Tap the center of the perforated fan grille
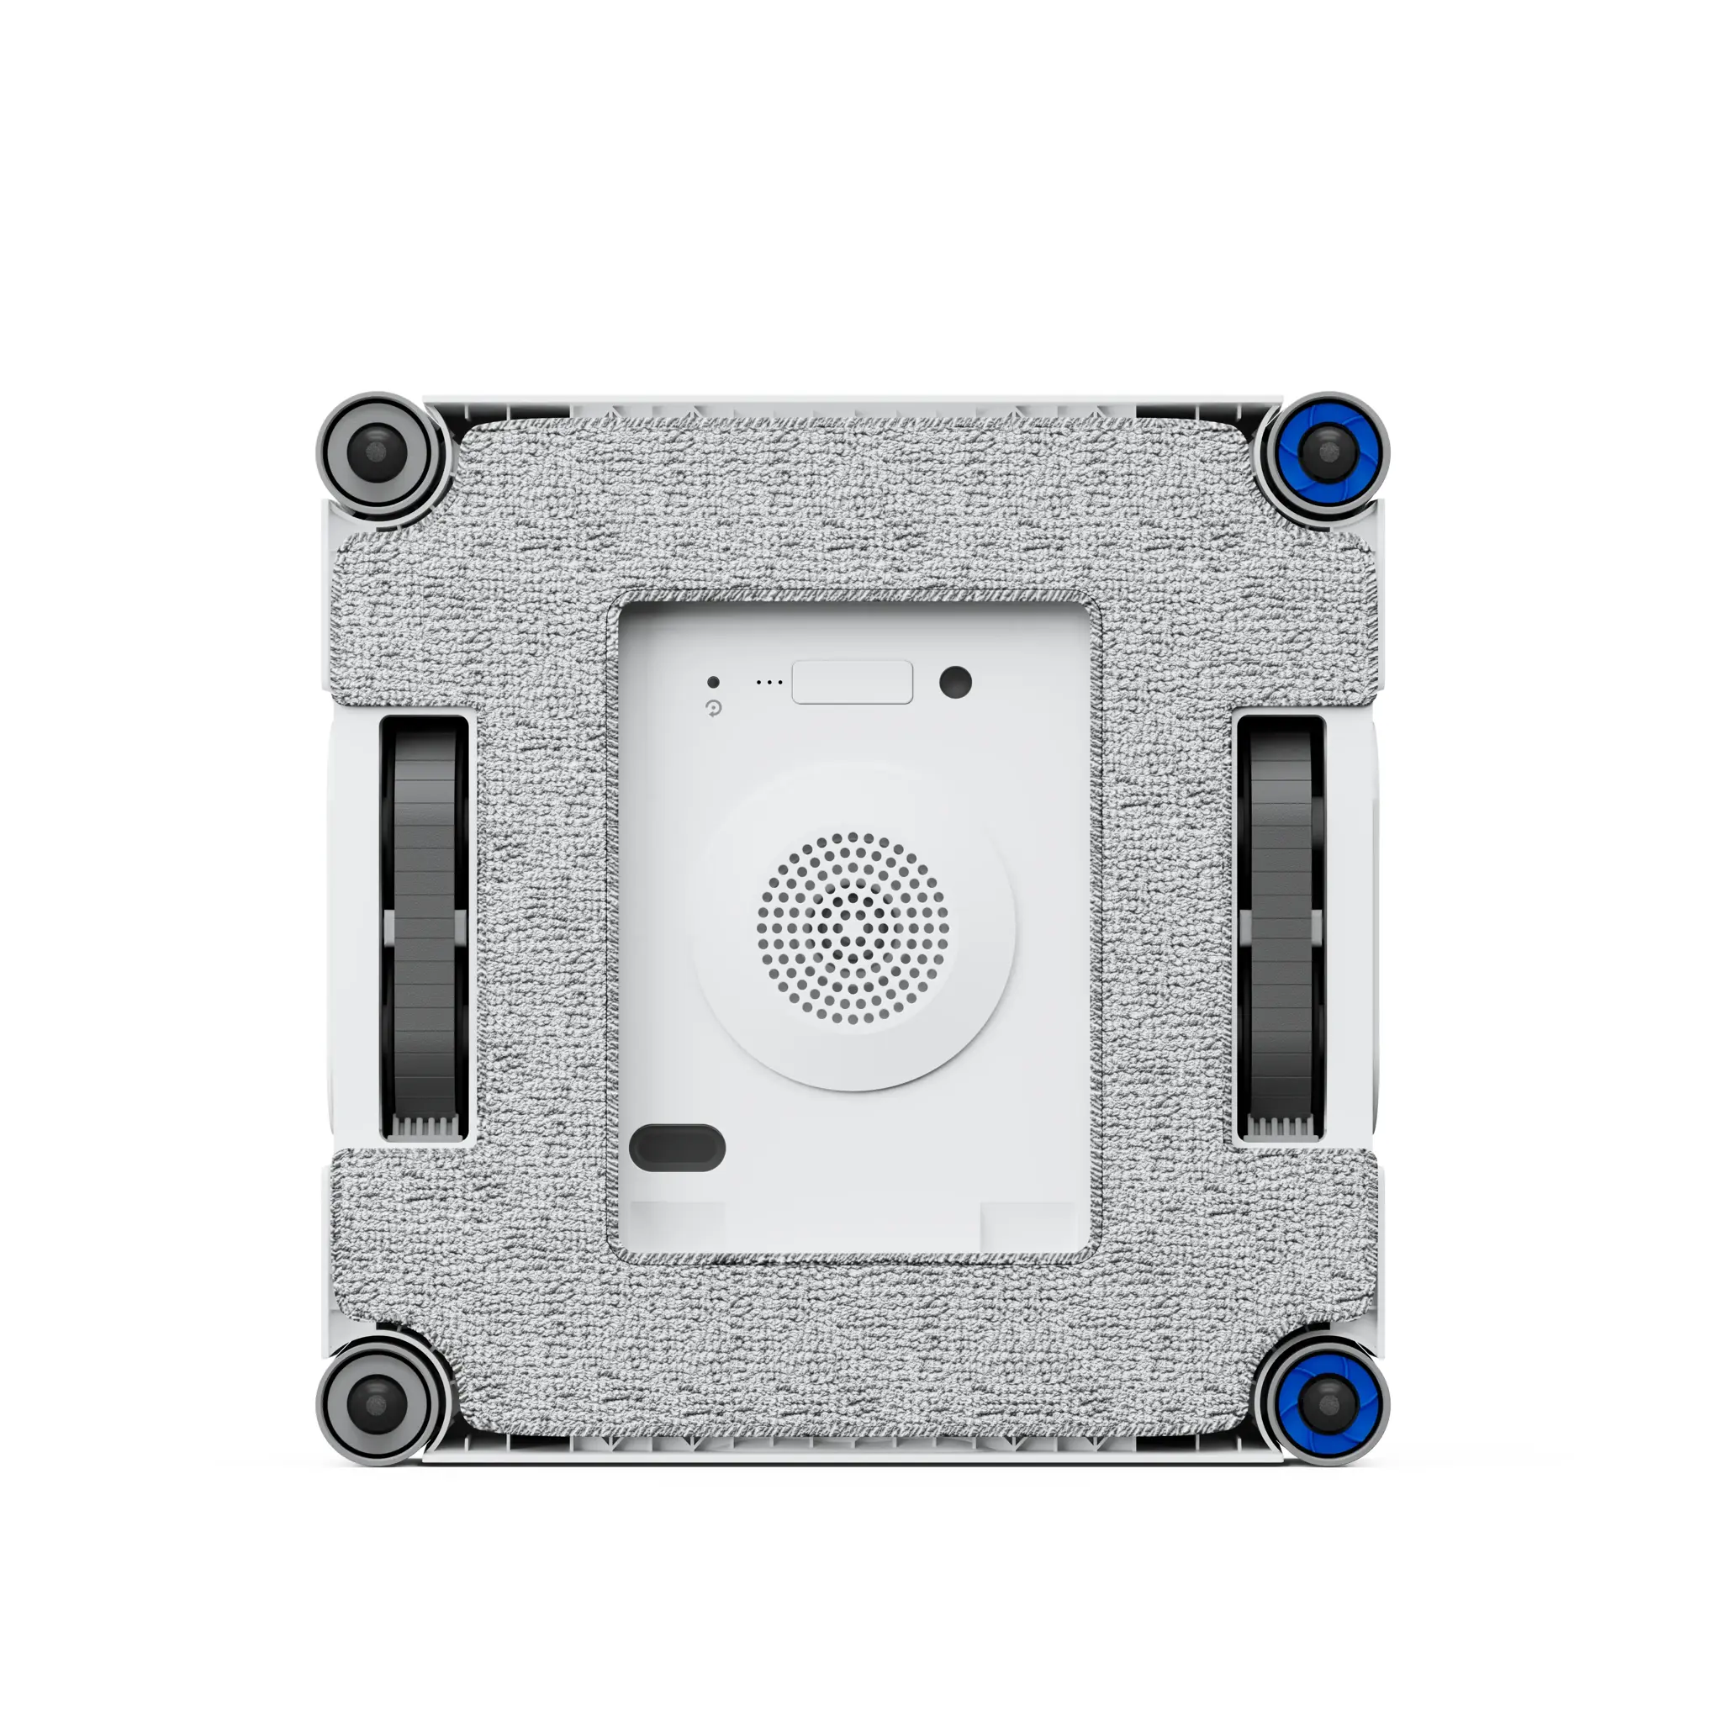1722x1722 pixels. [853, 929]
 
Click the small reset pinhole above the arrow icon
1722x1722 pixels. [713, 682]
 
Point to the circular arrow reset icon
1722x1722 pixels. [713, 709]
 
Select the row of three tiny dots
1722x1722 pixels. [769, 683]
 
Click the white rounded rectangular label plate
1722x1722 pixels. [852, 683]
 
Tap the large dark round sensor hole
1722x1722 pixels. [955, 683]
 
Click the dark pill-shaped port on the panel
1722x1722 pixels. [677, 1147]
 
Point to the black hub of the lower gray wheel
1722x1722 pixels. [378, 1405]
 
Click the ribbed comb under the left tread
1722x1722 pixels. [425, 1128]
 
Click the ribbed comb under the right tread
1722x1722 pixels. [1281, 1128]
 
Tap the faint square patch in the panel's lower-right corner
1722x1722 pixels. [1027, 1226]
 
